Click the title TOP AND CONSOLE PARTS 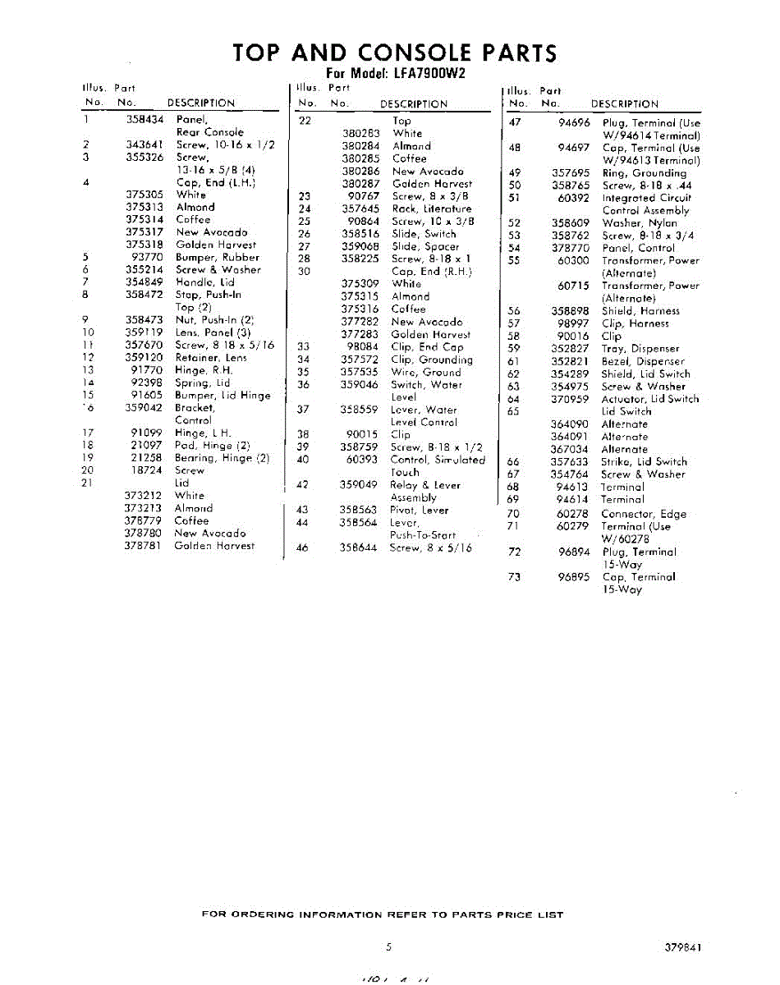395,53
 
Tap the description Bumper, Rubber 218,257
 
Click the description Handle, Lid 205,282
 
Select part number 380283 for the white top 361,133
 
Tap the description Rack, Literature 431,208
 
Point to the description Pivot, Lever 419,510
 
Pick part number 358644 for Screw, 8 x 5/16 358,547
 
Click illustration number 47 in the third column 516,122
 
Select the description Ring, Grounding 644,173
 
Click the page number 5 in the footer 389,946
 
